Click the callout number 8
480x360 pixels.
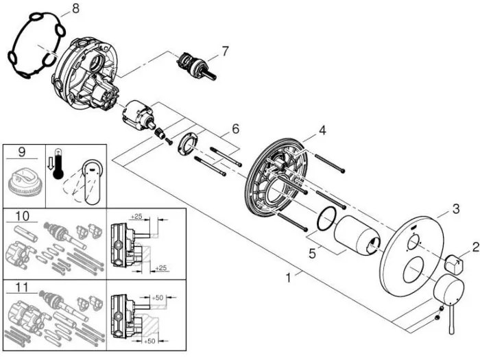tap(75, 9)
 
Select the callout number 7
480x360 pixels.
tap(224, 50)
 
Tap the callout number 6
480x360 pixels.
tap(235, 128)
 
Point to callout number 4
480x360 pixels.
tap(322, 129)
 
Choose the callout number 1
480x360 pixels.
tap(290, 277)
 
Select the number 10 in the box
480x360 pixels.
tap(23, 217)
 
